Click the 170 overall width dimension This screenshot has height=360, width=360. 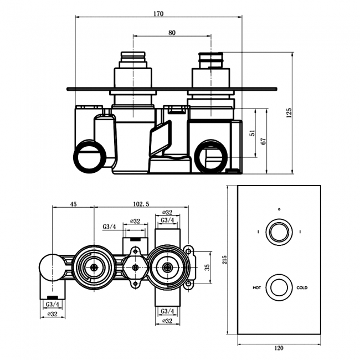point(158,14)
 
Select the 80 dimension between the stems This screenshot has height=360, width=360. point(172,33)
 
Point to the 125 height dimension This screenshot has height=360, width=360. point(289,112)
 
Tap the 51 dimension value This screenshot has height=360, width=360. point(253,133)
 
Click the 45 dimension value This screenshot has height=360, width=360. point(73,204)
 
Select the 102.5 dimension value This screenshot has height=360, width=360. point(141,204)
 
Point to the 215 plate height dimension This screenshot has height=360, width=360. point(224,260)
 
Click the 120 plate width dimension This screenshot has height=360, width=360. point(279,348)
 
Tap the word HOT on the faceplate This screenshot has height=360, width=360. point(256,288)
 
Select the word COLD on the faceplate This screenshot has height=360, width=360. point(302,288)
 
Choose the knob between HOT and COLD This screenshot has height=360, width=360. point(279,287)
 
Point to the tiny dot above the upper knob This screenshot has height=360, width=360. point(279,209)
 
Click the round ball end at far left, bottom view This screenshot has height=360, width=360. point(51,268)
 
